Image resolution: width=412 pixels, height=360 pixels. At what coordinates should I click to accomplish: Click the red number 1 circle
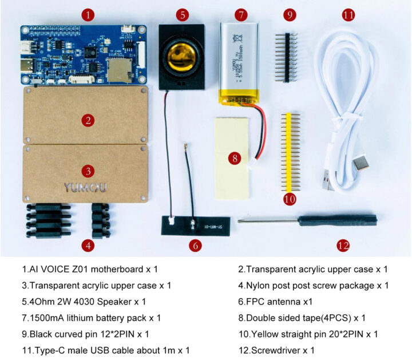tap(86, 15)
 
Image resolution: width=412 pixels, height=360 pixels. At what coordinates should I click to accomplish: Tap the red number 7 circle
tap(240, 14)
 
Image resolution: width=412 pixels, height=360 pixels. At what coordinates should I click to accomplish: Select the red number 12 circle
tap(343, 246)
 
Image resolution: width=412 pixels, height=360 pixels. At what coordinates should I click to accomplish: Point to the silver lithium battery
tap(239, 63)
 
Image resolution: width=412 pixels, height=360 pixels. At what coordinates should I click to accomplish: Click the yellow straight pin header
tap(290, 152)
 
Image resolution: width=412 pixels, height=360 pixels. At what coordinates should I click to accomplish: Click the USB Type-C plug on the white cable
tap(361, 165)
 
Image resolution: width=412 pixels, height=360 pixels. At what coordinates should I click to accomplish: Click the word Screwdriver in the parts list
tap(278, 350)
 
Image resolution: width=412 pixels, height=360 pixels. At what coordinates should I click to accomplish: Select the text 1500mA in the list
tap(47, 317)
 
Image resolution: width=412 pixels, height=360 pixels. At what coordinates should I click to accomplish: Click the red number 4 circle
tap(87, 246)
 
